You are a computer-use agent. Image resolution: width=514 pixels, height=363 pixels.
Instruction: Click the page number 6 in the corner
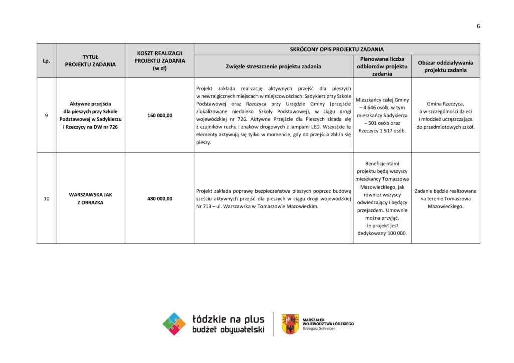pos(478,26)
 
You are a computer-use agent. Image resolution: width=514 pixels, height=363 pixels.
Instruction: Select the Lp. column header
pos(46,61)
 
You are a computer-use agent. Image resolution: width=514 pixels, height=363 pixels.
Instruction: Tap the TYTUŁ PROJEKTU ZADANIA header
pos(90,61)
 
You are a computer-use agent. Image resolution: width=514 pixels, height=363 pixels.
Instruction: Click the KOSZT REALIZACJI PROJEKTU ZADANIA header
pos(160,60)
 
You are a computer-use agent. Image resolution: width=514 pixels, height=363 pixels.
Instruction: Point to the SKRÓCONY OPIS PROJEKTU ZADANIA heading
pos(337,49)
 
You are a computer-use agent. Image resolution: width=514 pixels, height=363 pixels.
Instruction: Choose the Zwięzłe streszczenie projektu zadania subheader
pos(274,66)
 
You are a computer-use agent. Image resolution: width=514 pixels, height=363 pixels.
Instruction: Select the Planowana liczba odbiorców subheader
pos(382,66)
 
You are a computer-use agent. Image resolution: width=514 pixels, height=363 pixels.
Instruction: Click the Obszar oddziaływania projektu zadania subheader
pos(445,66)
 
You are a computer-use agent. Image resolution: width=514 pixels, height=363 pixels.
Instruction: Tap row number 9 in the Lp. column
pos(46,115)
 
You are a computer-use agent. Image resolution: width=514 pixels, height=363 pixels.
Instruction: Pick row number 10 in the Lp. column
pos(46,199)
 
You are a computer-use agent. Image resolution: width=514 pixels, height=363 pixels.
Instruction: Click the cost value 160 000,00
pos(160,115)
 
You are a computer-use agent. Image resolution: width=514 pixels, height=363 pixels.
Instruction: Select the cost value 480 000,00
pos(160,199)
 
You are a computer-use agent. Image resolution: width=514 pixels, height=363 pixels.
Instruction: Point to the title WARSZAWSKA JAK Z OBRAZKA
pos(90,199)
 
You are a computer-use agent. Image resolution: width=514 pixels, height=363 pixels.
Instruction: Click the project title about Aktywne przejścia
pos(90,115)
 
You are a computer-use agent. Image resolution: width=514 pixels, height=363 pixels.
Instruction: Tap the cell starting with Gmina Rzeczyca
pos(445,115)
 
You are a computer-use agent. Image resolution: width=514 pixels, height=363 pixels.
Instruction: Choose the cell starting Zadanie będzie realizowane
pos(445,198)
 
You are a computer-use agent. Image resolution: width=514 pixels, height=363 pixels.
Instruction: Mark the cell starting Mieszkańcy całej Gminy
pos(382,115)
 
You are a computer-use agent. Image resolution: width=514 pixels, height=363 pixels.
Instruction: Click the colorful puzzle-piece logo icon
pos(174,324)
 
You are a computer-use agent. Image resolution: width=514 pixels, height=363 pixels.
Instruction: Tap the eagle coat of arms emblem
pos(290,324)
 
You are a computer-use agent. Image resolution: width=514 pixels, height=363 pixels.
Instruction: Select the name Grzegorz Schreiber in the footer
pos(319,329)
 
